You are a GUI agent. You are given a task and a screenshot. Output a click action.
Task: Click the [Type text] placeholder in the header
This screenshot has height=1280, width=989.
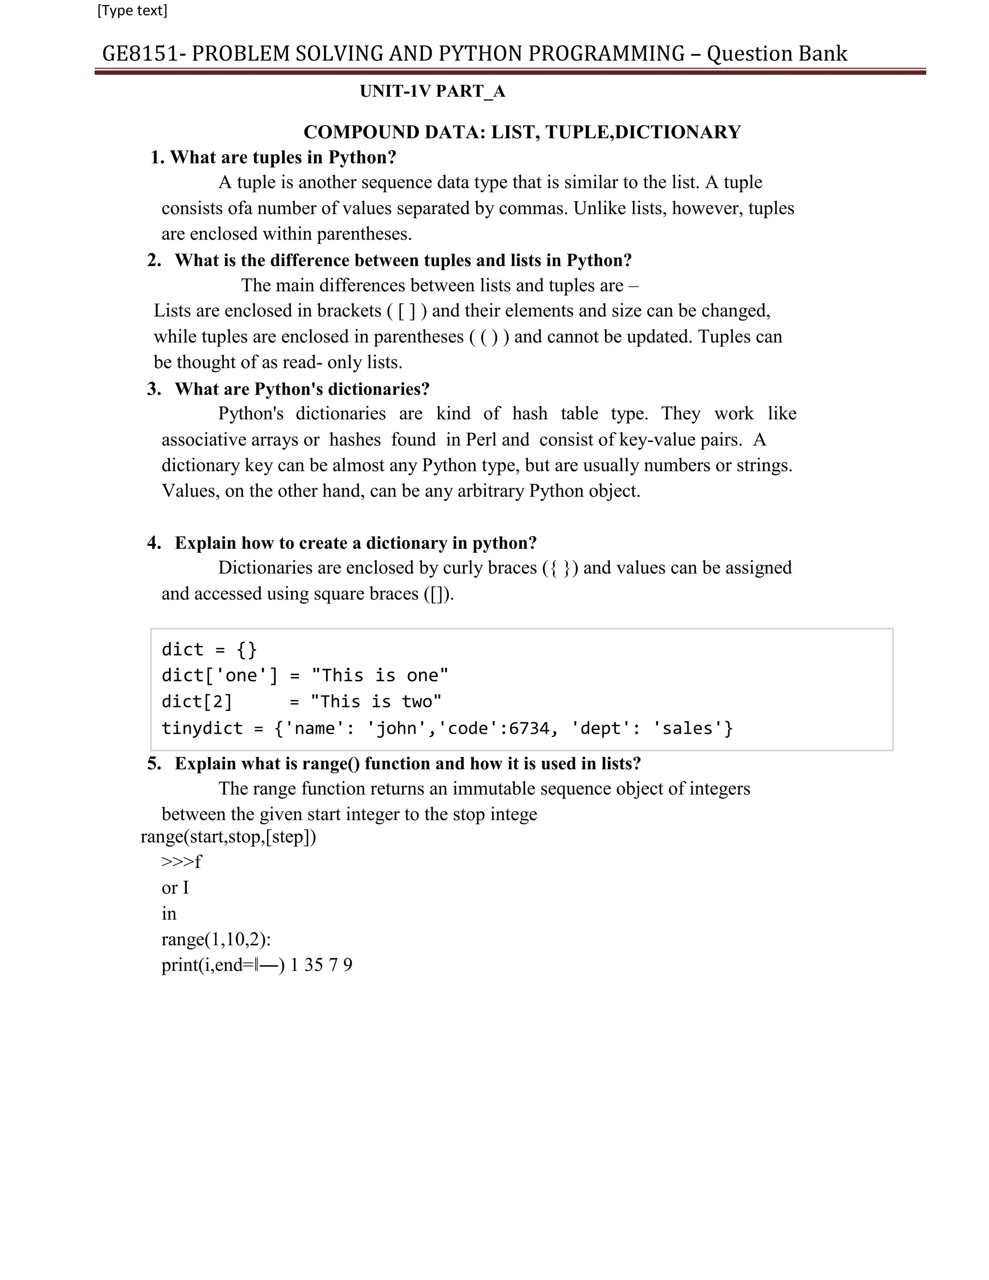point(132,11)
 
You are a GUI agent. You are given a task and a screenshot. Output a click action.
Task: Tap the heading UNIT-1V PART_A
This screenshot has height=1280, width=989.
point(432,91)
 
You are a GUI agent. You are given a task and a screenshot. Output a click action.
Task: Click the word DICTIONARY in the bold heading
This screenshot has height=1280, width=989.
point(678,132)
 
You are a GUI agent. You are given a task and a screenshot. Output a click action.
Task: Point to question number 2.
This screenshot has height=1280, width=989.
point(154,260)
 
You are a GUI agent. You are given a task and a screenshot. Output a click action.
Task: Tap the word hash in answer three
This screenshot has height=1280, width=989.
point(529,414)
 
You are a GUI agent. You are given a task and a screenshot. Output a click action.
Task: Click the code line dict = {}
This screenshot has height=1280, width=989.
point(209,649)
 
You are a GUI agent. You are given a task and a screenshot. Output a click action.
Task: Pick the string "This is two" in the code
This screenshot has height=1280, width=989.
point(376,701)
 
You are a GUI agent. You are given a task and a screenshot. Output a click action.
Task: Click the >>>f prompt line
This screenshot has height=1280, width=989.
point(181,862)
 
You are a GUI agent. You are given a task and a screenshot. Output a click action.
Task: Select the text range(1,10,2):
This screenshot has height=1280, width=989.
point(215,939)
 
